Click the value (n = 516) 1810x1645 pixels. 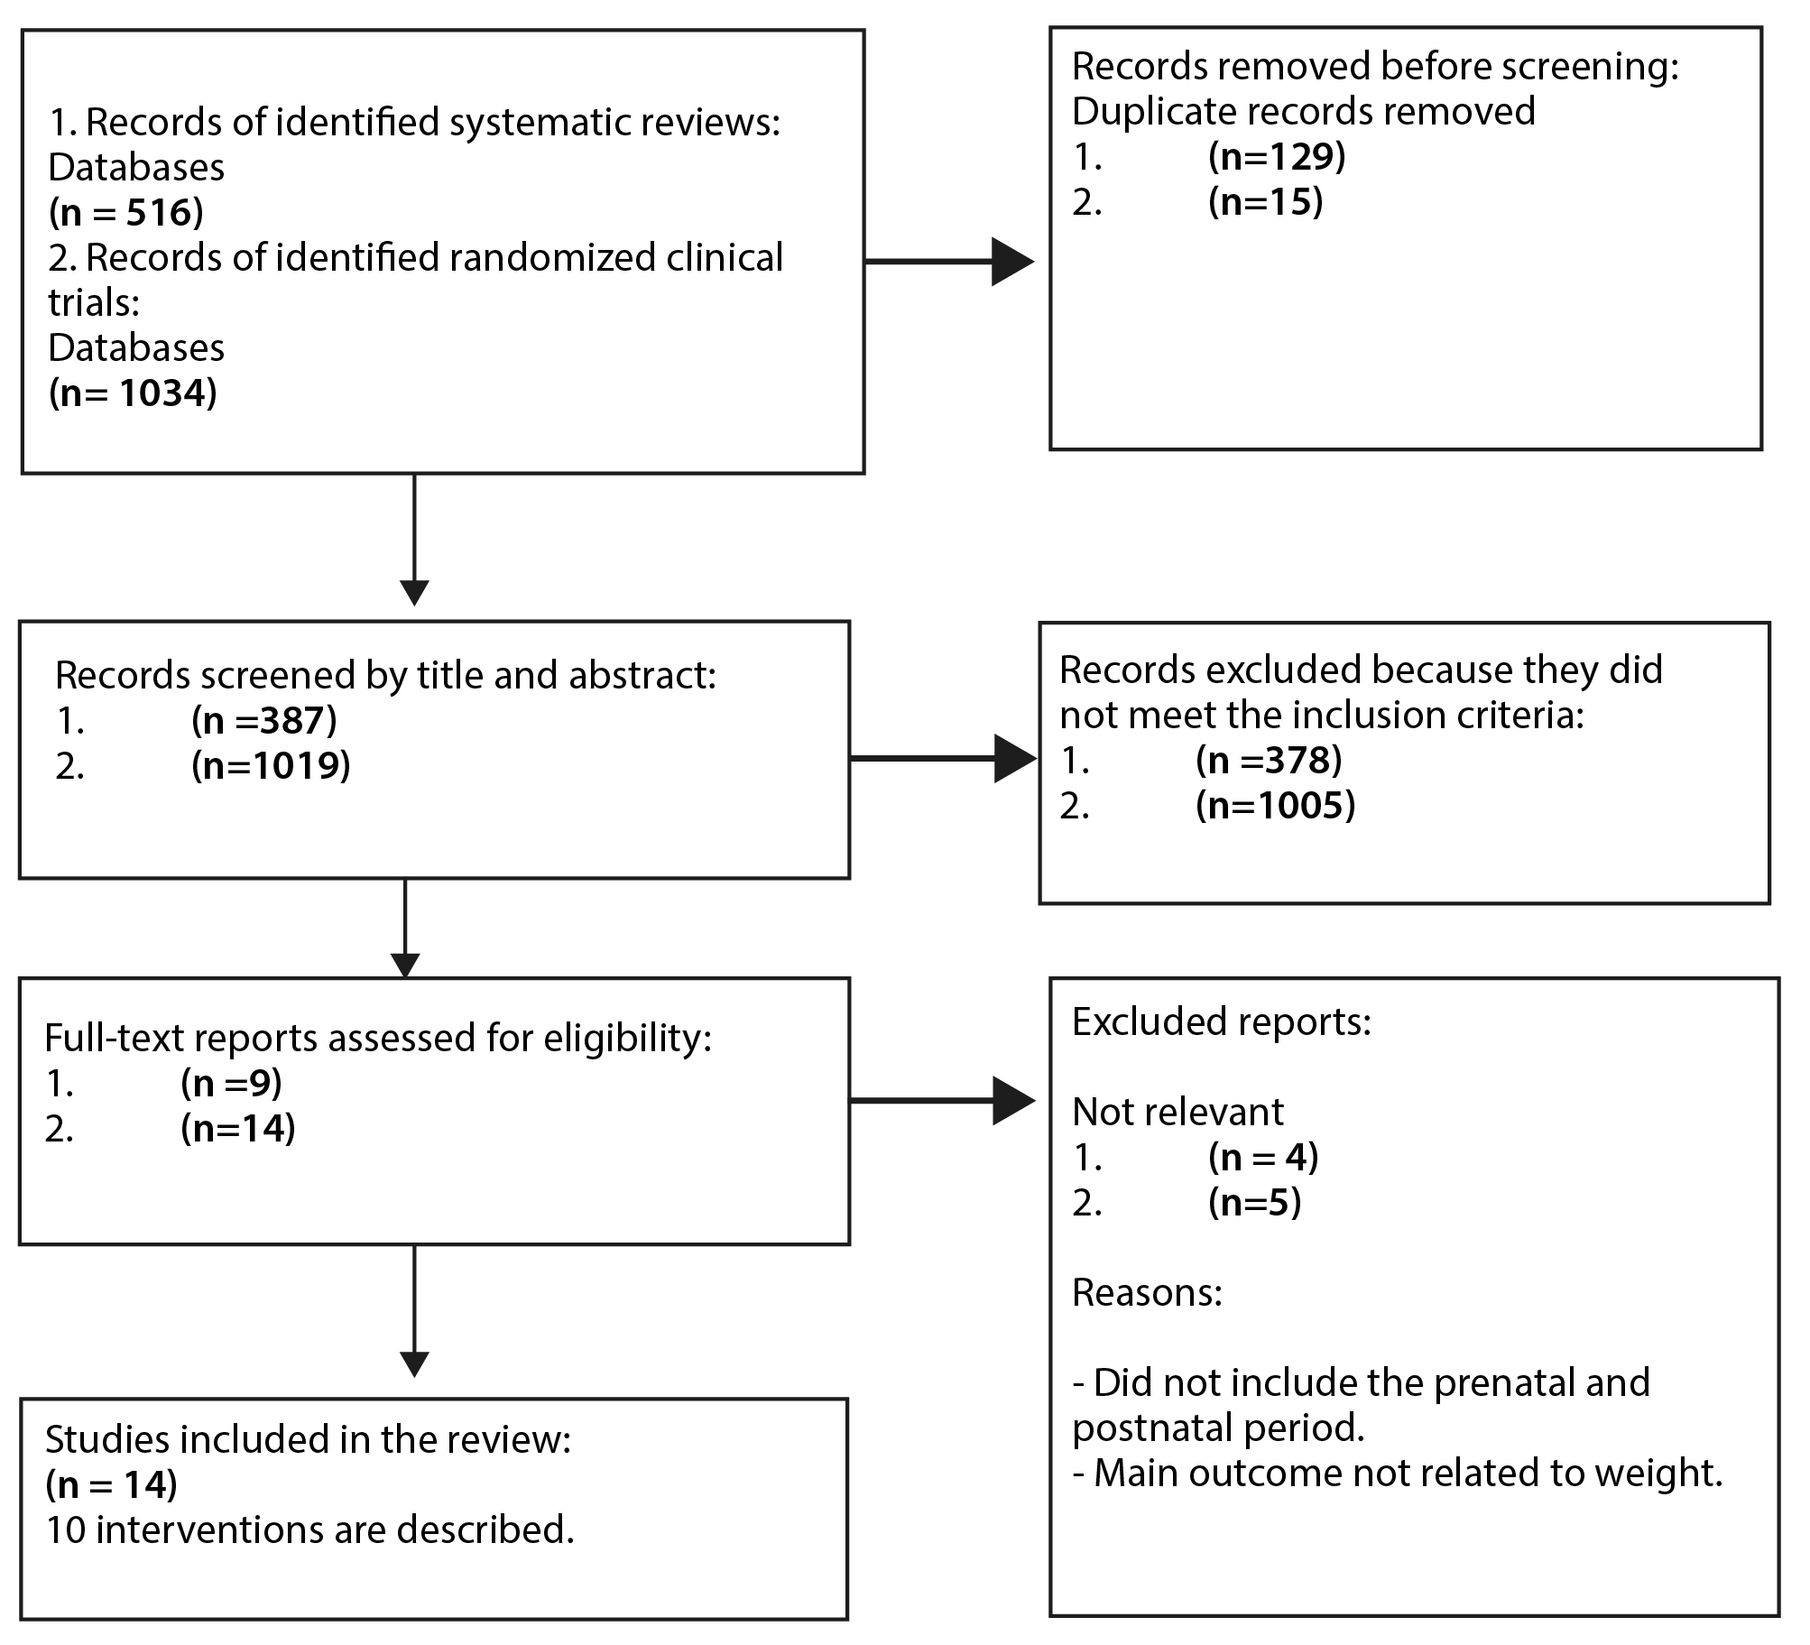125,212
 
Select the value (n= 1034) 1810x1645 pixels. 133,393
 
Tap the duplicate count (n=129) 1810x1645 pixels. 1277,156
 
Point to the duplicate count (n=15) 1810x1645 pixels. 1266,201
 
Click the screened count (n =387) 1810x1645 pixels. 264,720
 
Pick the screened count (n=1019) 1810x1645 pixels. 271,765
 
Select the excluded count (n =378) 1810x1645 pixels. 1269,760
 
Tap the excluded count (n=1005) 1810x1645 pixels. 1276,805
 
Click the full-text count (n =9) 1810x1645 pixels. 232,1083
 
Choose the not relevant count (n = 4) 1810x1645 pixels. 1263,1157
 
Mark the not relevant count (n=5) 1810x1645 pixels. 1255,1202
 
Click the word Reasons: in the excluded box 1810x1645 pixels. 1147,1293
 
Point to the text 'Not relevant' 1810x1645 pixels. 1177,1112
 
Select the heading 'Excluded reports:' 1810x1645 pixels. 1222,1021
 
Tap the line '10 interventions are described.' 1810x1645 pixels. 309,1529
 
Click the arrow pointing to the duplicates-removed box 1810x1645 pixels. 949,262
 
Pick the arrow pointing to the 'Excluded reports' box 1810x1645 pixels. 942,1101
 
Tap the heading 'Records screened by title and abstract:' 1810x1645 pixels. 386,675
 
